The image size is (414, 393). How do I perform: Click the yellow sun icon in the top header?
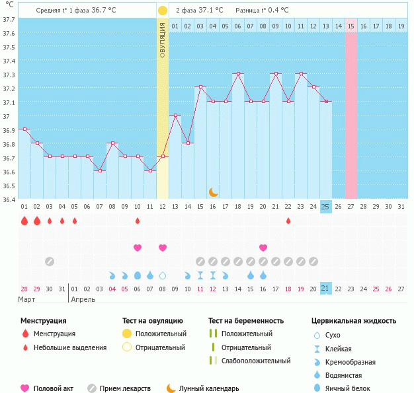163,11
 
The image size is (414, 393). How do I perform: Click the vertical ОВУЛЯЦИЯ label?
163,40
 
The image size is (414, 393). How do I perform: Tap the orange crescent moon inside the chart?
213,192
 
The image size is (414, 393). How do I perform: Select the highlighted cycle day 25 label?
325,207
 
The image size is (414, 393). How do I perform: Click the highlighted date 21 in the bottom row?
325,289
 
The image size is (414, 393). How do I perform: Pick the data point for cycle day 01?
24,129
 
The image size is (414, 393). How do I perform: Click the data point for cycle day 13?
175,116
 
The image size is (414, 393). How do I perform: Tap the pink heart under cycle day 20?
263,248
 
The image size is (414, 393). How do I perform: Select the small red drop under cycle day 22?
288,221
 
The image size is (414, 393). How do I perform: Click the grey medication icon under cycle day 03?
50,262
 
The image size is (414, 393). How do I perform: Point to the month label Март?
27,299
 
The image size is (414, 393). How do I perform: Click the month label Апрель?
83,299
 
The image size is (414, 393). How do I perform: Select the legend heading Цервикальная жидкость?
354,321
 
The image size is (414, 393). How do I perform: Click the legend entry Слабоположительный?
256,361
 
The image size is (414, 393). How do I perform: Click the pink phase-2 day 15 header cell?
351,26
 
